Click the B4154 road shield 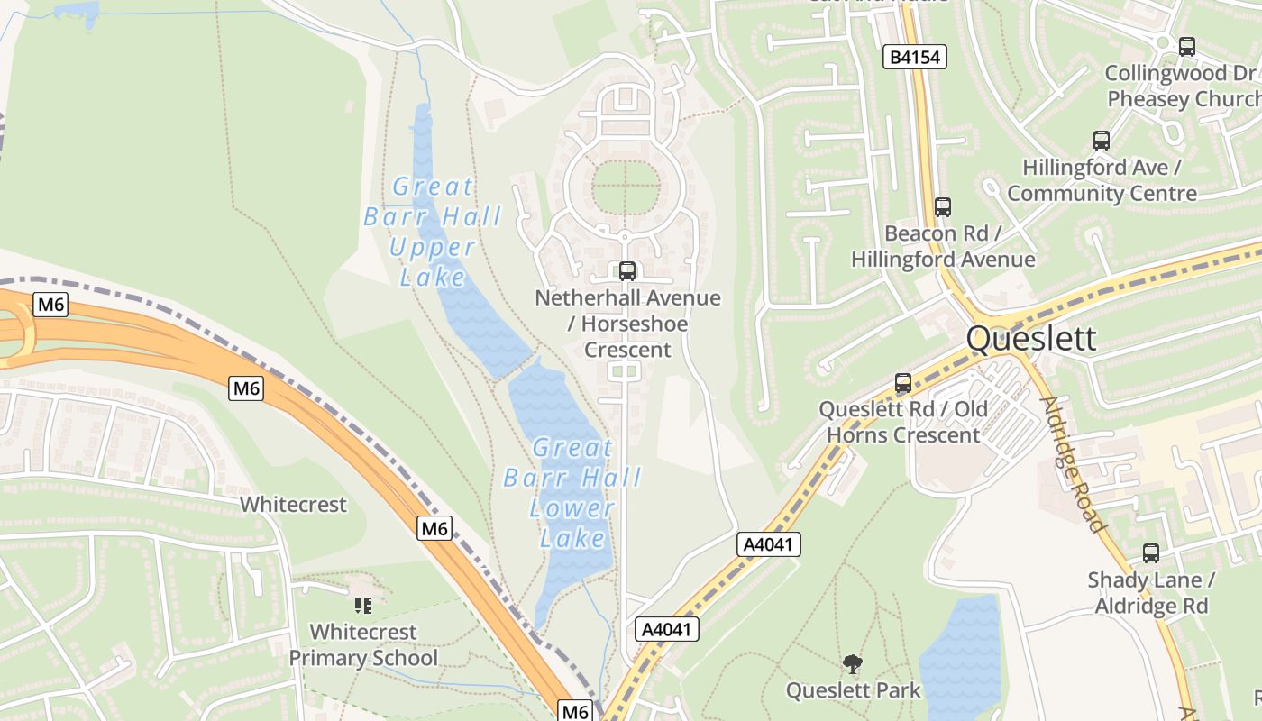(915, 58)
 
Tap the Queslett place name (1031, 339)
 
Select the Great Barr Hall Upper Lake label (433, 231)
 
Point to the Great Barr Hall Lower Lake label (572, 492)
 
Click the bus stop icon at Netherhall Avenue (626, 270)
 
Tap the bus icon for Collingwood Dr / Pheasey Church (1187, 46)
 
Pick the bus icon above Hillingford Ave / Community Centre (1101, 140)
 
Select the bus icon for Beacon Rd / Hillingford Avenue (942, 206)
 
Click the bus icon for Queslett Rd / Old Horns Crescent (903, 382)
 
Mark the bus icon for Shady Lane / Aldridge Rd (1151, 552)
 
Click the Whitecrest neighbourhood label (293, 504)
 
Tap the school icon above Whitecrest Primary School (363, 605)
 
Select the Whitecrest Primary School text (363, 644)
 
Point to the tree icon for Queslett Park (852, 665)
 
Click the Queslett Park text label (853, 690)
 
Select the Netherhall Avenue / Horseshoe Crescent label (627, 323)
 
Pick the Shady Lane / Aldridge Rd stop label (1151, 592)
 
